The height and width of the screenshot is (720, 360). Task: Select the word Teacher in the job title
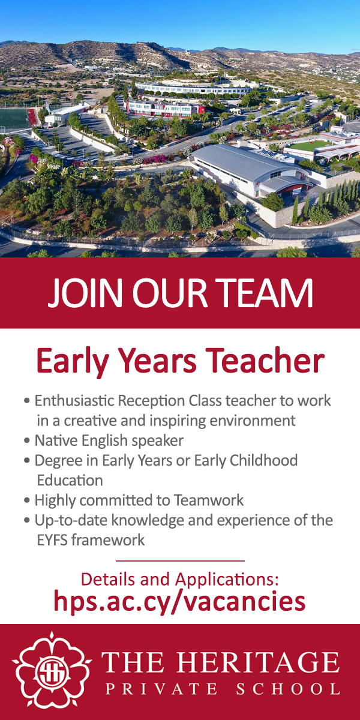coord(265,361)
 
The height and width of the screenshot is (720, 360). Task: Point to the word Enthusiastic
coord(74,401)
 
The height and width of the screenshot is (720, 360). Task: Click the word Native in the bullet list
coord(56,440)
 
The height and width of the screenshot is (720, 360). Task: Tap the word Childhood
coord(263,460)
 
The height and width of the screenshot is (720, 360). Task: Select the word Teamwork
coord(209,500)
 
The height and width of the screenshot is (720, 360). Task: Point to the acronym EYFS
coord(52,541)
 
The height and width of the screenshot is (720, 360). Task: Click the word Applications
coord(227,580)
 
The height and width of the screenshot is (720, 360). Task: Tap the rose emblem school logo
coord(52,671)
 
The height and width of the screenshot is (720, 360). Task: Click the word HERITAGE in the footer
coord(258,662)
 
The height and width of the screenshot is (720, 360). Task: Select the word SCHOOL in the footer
coord(288,689)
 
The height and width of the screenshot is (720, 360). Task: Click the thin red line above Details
coord(180,561)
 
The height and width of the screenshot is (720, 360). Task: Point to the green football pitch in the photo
coord(14,118)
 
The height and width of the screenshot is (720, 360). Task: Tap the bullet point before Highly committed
coord(27,500)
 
